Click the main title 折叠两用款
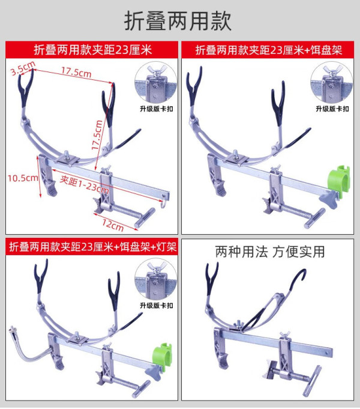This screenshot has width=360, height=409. click(x=178, y=21)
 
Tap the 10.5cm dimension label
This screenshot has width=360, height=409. click(x=23, y=178)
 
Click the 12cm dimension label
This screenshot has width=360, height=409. click(x=113, y=225)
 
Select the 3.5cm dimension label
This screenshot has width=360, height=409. click(x=23, y=68)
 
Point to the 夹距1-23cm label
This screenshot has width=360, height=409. click(x=84, y=184)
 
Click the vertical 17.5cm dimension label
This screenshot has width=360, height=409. click(x=97, y=135)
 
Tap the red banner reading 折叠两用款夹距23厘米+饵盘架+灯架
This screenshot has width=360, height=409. click(x=92, y=246)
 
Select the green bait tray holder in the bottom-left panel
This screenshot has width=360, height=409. click(x=162, y=356)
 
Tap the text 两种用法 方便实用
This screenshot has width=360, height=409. click(x=270, y=252)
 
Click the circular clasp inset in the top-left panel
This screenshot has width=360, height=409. click(x=155, y=83)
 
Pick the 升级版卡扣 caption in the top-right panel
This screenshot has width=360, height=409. click(x=332, y=109)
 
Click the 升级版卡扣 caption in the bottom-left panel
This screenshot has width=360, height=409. click(x=157, y=305)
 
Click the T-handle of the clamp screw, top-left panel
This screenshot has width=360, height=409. click(x=145, y=218)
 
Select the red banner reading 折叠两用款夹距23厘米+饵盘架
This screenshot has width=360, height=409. click(x=268, y=50)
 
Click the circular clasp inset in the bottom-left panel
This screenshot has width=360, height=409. click(x=155, y=280)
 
